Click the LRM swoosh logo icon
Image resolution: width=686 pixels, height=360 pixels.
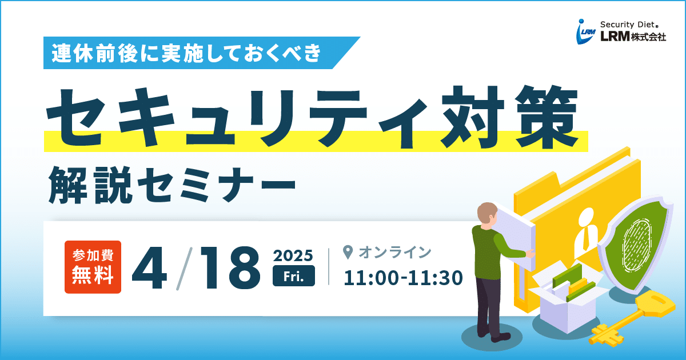coord(585,31)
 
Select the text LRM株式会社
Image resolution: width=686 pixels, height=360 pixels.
coord(633,37)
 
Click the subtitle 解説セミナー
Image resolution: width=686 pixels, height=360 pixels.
coord(171,186)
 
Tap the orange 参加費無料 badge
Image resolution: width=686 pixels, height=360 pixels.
coord(93,267)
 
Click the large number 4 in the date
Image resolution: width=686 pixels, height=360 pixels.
coord(149,268)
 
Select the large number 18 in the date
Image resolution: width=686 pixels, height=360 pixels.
coord(230,268)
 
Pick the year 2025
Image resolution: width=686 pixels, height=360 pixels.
coord(293,255)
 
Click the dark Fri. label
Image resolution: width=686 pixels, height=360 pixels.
coord(294,276)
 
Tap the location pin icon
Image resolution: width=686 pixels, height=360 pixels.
coord(348,252)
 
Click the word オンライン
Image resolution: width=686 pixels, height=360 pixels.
coord(395,253)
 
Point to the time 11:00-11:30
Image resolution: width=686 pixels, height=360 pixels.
coord(403,278)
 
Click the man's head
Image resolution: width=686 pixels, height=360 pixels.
coord(487,214)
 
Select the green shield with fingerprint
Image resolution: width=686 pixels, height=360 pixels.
coord(636,245)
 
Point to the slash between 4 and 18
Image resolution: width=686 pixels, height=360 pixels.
coord(184,268)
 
